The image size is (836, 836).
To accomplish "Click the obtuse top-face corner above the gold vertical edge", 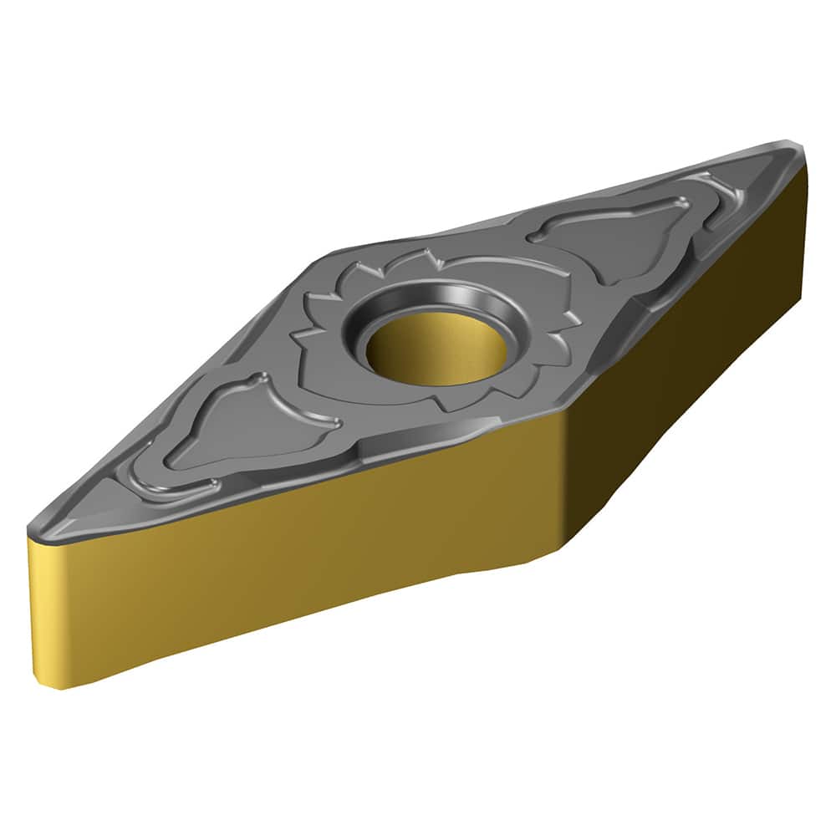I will (x=562, y=415).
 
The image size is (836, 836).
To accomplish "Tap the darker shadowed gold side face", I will (x=686, y=376).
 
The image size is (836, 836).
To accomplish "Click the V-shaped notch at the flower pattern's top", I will (x=426, y=255).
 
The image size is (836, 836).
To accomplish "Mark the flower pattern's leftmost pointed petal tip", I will (x=293, y=334).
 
